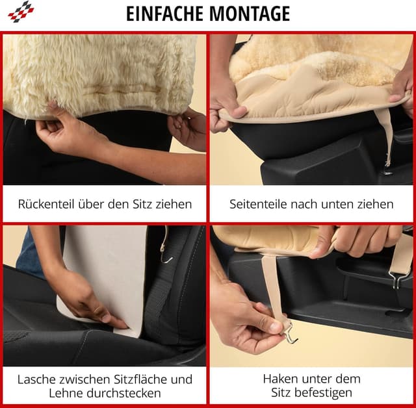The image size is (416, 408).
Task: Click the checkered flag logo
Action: coord(19,11)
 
